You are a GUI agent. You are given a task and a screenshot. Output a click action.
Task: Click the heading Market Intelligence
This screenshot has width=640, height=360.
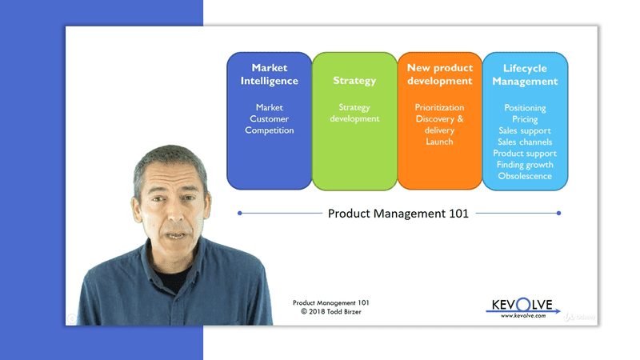coord(269,74)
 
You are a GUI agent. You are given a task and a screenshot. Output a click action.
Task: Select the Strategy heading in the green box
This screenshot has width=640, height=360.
coord(354,81)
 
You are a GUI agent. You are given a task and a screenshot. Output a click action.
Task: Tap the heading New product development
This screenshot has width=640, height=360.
coord(439,74)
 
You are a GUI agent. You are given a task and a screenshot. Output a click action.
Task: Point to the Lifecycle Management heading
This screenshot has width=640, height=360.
coord(525,74)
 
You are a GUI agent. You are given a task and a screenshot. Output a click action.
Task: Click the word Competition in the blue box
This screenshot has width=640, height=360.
coord(269,130)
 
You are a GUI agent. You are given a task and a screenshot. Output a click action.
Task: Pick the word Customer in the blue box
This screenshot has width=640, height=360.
coord(269,119)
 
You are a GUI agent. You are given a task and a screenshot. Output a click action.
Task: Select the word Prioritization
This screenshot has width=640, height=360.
coord(439,107)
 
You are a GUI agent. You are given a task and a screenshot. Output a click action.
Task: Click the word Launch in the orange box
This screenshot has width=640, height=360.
coord(439,142)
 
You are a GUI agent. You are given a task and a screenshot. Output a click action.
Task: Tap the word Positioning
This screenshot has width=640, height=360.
coord(525,107)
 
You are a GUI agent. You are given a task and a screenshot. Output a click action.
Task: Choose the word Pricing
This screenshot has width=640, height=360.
coord(525,119)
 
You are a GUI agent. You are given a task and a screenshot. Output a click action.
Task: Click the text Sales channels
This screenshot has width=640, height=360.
coord(525,142)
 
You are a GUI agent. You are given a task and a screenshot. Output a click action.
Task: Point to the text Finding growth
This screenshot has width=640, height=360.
coord(525,165)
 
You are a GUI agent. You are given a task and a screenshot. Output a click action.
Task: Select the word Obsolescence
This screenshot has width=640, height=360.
coord(525,176)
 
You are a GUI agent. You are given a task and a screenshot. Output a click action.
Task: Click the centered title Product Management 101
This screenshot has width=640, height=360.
coord(398,214)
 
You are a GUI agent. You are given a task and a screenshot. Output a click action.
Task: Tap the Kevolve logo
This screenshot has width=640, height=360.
coord(524,307)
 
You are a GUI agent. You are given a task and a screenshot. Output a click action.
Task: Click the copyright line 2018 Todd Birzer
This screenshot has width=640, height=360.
coord(330,312)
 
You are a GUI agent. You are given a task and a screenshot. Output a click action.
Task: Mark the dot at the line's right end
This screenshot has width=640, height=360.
coord(558,213)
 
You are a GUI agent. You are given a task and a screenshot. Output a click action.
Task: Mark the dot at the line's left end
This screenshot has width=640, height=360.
coord(239,213)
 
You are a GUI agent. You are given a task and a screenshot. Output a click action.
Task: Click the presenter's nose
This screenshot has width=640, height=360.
coord(171,208)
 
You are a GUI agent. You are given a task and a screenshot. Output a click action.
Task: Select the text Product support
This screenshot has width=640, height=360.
coord(525,153)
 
